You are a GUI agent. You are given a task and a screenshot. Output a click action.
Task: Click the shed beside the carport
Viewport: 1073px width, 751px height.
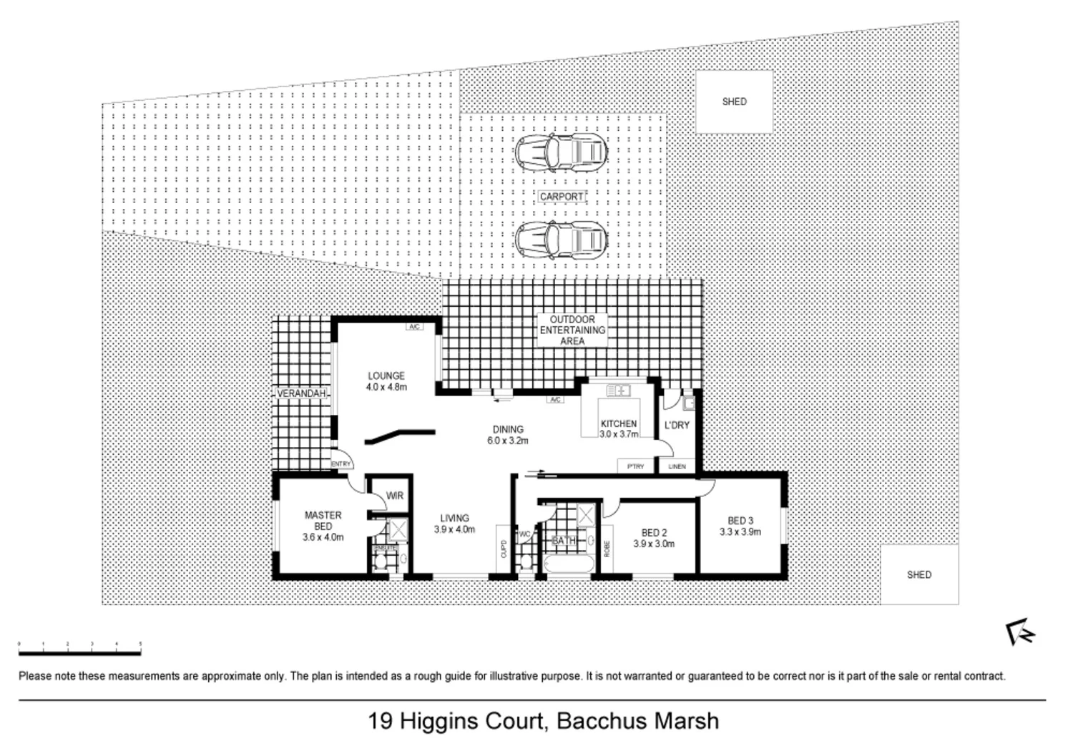(x=734, y=102)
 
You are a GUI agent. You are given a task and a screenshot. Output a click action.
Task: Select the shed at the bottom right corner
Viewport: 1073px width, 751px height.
(x=918, y=574)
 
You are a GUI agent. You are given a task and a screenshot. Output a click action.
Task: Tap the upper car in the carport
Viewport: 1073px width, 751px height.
(x=561, y=152)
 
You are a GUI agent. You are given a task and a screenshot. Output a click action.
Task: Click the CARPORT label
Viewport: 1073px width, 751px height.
(x=562, y=196)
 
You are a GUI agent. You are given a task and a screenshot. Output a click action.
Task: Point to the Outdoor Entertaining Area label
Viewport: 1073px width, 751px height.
(x=572, y=330)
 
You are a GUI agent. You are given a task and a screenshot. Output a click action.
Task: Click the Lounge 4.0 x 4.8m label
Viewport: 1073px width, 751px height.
(x=386, y=381)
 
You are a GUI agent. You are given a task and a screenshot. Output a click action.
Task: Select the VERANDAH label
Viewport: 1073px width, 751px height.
(x=302, y=393)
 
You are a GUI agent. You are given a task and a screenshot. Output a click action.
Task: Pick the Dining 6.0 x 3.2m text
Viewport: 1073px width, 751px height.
(x=507, y=435)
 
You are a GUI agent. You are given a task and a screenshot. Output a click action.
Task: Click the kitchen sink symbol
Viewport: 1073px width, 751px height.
(x=617, y=391)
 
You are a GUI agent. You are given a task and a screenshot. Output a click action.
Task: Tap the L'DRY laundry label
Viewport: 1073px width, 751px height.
(x=677, y=425)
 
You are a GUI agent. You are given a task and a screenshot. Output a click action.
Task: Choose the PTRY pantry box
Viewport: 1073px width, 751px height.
(x=635, y=466)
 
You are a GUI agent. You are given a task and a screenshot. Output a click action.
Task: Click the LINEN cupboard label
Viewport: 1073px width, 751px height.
(x=677, y=466)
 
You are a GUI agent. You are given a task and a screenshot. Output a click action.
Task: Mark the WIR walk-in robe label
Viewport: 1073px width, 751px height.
(x=394, y=496)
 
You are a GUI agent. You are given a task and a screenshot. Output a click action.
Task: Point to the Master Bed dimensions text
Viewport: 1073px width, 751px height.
(x=323, y=536)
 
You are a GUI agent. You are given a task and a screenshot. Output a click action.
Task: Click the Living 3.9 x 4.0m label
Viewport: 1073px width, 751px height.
(x=454, y=524)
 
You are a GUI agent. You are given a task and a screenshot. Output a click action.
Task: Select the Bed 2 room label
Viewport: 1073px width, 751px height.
(x=654, y=538)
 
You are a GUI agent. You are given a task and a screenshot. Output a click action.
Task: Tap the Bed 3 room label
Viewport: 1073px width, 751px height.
(x=740, y=526)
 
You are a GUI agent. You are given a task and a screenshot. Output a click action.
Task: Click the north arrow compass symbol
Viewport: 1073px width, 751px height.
(x=1019, y=632)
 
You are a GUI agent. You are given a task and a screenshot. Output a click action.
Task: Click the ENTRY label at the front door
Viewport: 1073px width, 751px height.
(x=341, y=464)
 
